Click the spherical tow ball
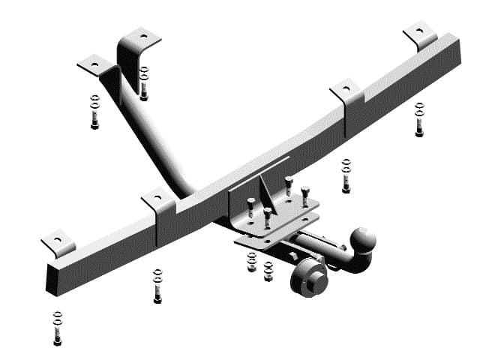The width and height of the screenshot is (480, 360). pos(363,241)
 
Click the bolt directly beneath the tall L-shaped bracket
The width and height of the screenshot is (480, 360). pos(144,84)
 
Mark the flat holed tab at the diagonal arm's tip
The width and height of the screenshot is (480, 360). pos(94,66)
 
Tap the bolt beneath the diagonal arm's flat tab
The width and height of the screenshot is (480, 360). pos(94,112)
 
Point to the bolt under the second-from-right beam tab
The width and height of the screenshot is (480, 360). pos(346,176)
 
